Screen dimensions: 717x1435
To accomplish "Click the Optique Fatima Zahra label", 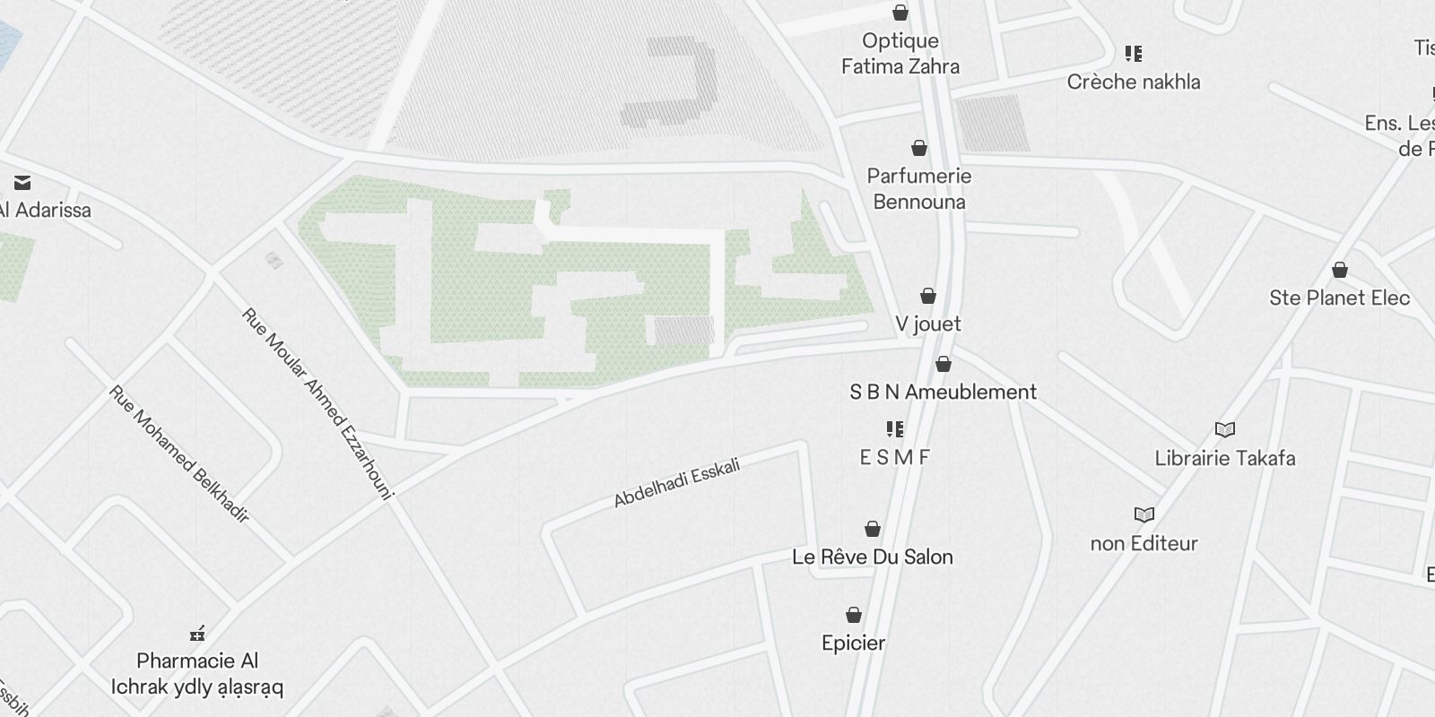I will (900, 54).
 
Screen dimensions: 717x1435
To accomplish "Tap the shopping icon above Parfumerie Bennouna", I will (919, 148).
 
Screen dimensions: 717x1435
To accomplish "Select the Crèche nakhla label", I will (1133, 82).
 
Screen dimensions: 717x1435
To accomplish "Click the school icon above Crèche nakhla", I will (1134, 54).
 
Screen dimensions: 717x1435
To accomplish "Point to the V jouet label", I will (927, 324).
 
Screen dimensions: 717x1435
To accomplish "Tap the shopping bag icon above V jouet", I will (928, 296).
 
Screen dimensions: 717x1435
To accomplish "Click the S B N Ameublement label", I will (943, 392).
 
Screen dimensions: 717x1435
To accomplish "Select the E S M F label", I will (894, 457).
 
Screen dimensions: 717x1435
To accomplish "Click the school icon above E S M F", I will (894, 429).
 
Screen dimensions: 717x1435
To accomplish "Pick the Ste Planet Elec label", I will (1339, 298).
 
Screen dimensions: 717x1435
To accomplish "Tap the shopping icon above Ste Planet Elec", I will (1340, 270).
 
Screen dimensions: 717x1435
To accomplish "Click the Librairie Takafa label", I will (1224, 458).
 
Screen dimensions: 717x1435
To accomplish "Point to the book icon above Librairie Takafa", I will (1224, 430).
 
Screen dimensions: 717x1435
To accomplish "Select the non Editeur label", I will (1144, 543).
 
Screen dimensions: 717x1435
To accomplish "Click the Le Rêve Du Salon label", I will (872, 557).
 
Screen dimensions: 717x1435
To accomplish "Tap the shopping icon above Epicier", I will (854, 615).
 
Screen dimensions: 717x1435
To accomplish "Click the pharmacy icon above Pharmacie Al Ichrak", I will (197, 634).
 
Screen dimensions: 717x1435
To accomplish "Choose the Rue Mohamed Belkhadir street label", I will (178, 454).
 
